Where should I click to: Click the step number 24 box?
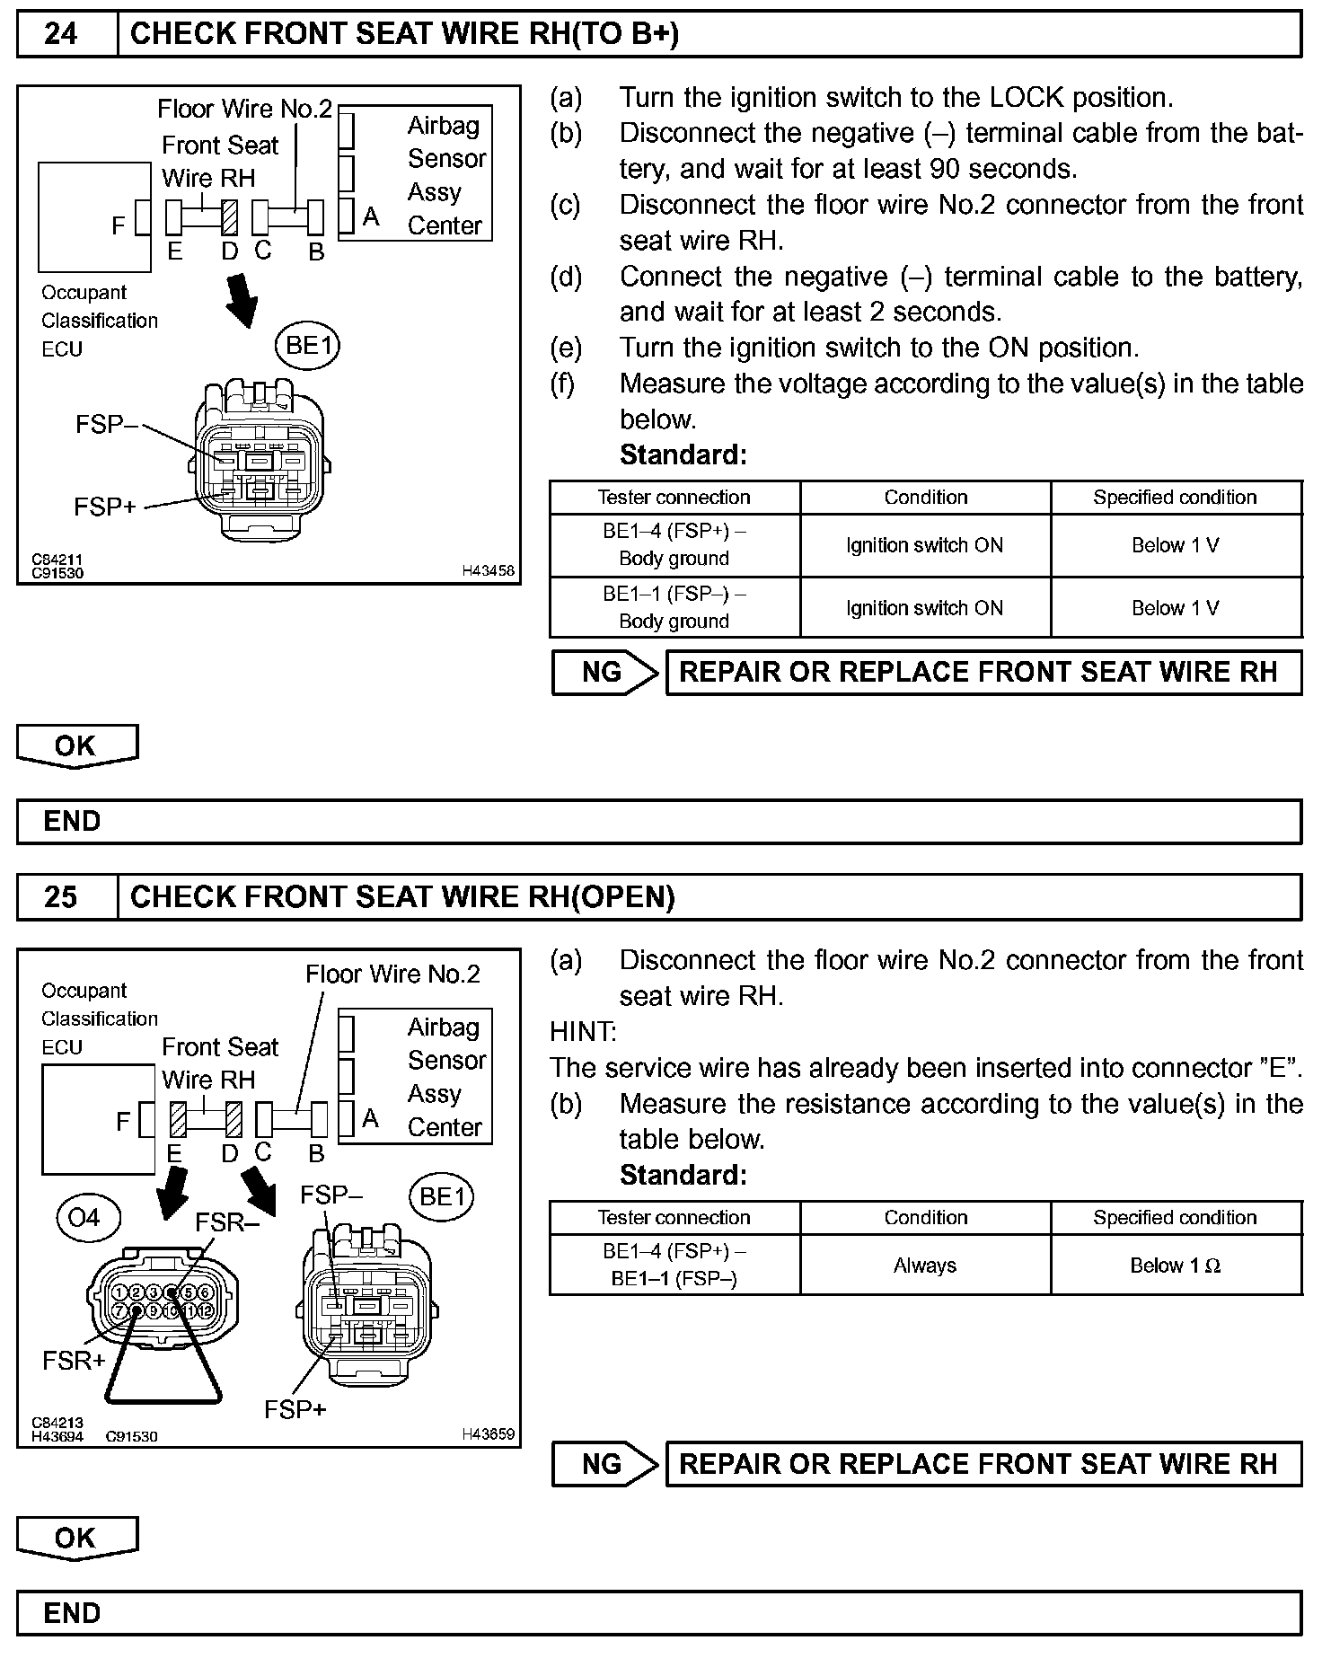[x=61, y=34]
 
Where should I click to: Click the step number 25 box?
[x=61, y=896]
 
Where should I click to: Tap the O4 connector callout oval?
[x=84, y=1217]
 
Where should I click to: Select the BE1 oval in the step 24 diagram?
[x=309, y=346]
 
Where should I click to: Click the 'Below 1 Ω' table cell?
[x=1175, y=1266]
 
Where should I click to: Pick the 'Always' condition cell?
[x=925, y=1266]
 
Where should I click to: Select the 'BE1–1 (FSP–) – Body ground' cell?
[x=674, y=607]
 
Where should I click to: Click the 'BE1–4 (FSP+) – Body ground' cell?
[x=674, y=544]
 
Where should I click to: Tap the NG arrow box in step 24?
[x=604, y=672]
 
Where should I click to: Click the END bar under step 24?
[x=659, y=821]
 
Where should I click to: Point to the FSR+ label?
[x=74, y=1361]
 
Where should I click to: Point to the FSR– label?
[x=226, y=1222]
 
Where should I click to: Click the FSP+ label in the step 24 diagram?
[x=105, y=507]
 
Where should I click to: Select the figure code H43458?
[x=489, y=569]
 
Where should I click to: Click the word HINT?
[x=583, y=1032]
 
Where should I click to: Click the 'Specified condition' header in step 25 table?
[x=1175, y=1218]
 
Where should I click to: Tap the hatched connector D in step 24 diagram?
[x=230, y=217]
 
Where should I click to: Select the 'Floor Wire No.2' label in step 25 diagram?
[x=392, y=975]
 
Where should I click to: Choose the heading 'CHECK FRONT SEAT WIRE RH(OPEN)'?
[x=402, y=896]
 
